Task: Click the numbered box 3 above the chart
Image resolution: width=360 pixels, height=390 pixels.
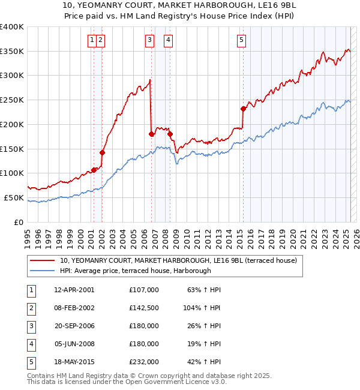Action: (x=149, y=40)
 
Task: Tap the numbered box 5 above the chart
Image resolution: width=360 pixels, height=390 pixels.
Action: (x=241, y=40)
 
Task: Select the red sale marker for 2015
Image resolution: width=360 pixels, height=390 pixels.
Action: (x=243, y=109)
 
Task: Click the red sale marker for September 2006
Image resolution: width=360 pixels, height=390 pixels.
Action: (x=151, y=134)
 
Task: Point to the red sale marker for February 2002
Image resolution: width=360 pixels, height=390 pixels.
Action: (x=102, y=152)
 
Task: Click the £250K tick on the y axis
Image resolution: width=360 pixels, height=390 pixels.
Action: (x=13, y=100)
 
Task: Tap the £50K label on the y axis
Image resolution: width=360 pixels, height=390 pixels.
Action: (x=15, y=197)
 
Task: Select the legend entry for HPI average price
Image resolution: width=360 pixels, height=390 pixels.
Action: (x=135, y=271)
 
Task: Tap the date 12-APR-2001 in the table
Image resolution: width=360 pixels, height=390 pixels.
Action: (x=74, y=290)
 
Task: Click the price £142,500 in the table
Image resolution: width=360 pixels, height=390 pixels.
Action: (x=143, y=308)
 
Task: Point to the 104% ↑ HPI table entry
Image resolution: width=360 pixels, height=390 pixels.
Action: (x=202, y=308)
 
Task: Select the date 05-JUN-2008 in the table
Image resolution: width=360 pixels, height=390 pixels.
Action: (x=74, y=344)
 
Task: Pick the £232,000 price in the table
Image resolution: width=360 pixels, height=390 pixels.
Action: (x=143, y=362)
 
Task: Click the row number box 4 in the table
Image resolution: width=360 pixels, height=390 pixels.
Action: (x=31, y=344)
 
